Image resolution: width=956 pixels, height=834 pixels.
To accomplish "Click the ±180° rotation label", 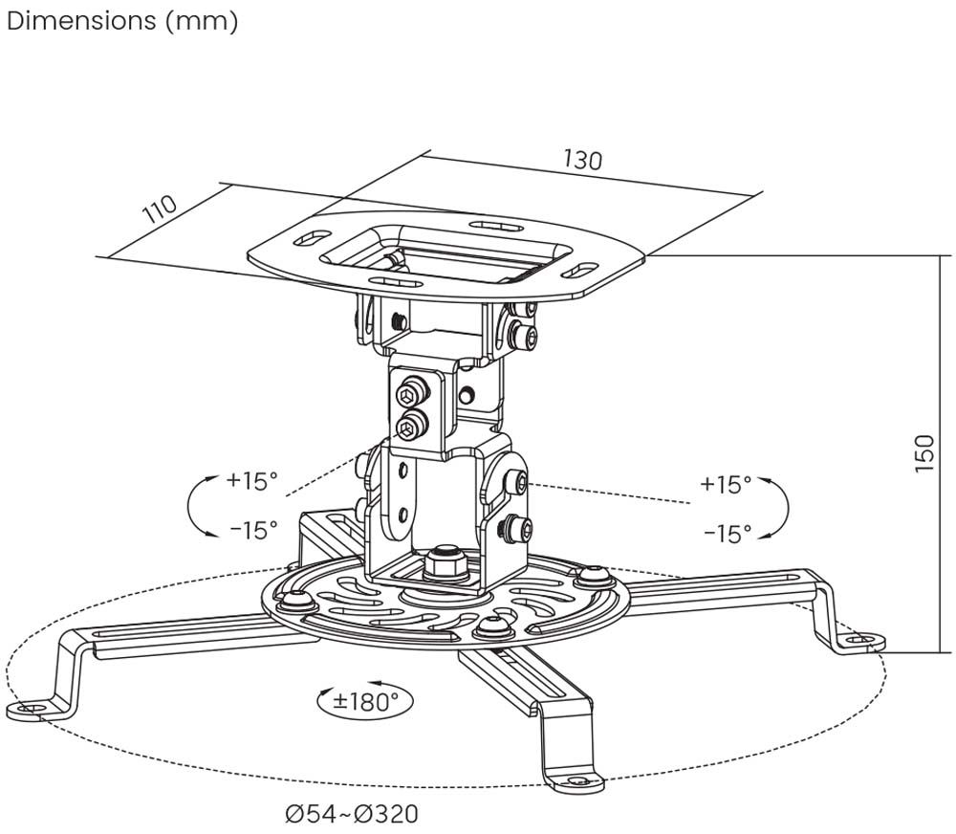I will tap(364, 701).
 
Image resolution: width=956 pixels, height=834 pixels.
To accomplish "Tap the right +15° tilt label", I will tap(726, 484).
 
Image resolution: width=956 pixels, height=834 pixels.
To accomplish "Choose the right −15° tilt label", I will tap(726, 533).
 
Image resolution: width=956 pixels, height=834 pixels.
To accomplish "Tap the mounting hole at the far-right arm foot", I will tap(863, 638).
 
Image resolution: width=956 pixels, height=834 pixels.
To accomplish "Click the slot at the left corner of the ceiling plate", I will tap(308, 238).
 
